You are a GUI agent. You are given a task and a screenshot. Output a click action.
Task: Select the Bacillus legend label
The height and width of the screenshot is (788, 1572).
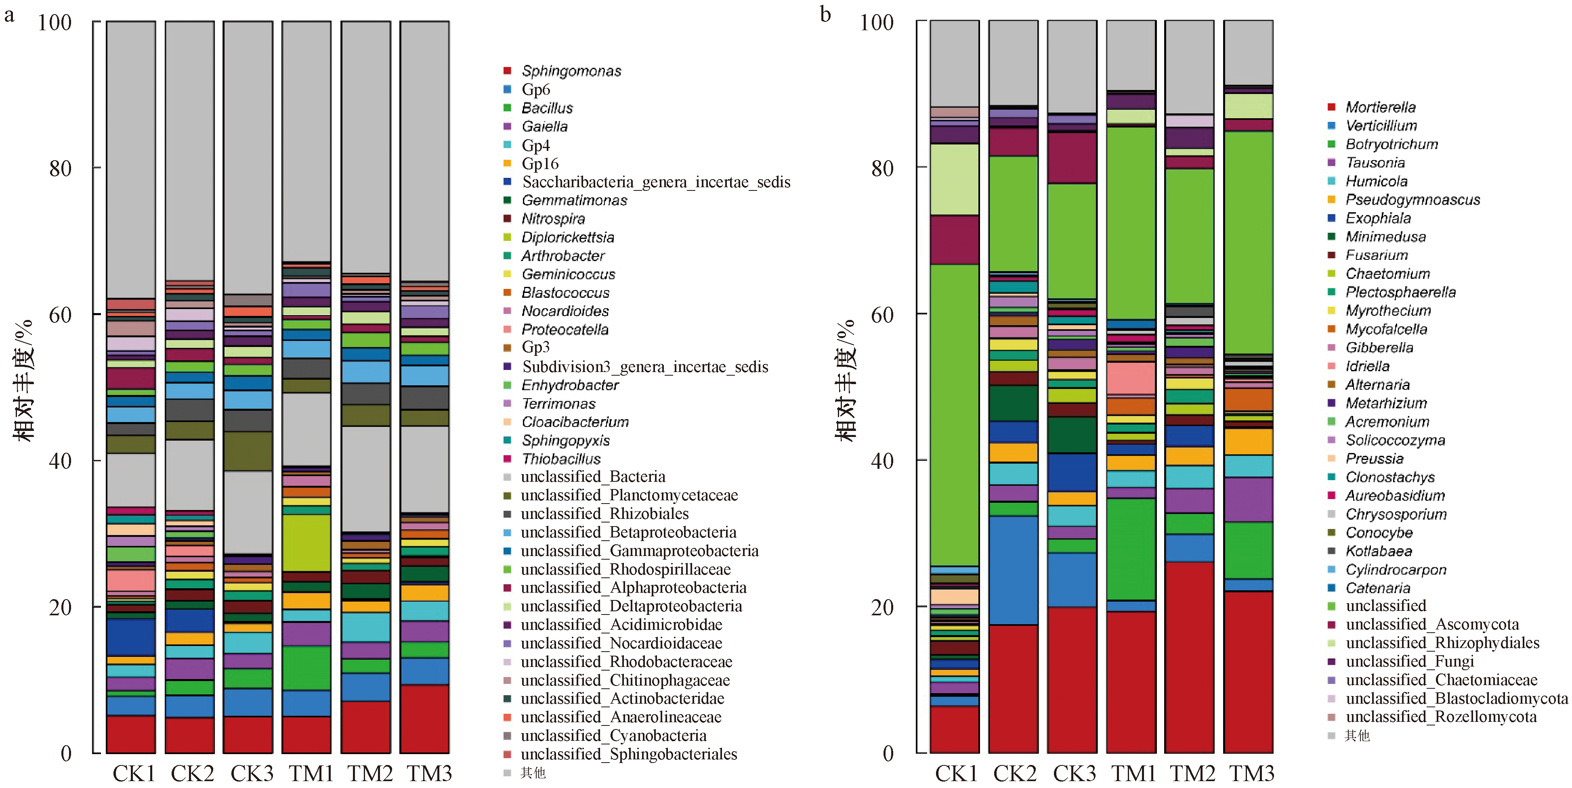(x=547, y=108)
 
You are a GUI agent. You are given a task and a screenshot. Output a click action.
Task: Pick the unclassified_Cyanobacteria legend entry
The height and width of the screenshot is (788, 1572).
(x=613, y=736)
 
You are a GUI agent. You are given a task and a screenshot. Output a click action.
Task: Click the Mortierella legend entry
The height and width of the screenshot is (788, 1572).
(x=1380, y=107)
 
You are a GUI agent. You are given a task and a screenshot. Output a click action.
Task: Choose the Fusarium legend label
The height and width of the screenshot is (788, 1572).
(x=1377, y=255)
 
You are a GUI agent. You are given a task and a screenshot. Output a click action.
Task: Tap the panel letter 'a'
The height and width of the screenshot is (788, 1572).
(x=9, y=14)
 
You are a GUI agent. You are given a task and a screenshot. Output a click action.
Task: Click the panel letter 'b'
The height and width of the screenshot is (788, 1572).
(x=825, y=14)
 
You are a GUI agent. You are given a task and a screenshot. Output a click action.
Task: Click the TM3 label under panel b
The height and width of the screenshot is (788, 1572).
(x=1251, y=773)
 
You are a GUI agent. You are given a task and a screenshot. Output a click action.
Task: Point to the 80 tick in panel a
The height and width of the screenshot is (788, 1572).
(x=61, y=168)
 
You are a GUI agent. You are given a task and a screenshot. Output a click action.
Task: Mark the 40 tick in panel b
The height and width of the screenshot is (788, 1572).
(x=882, y=460)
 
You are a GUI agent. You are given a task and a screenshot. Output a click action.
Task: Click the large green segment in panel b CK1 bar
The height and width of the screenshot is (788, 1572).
(x=955, y=415)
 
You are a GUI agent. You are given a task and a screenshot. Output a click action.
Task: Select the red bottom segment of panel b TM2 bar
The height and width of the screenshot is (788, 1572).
(x=1189, y=658)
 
